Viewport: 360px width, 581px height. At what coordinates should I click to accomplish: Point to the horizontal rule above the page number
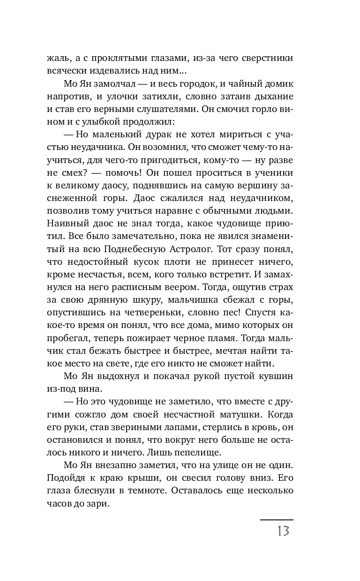277,520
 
